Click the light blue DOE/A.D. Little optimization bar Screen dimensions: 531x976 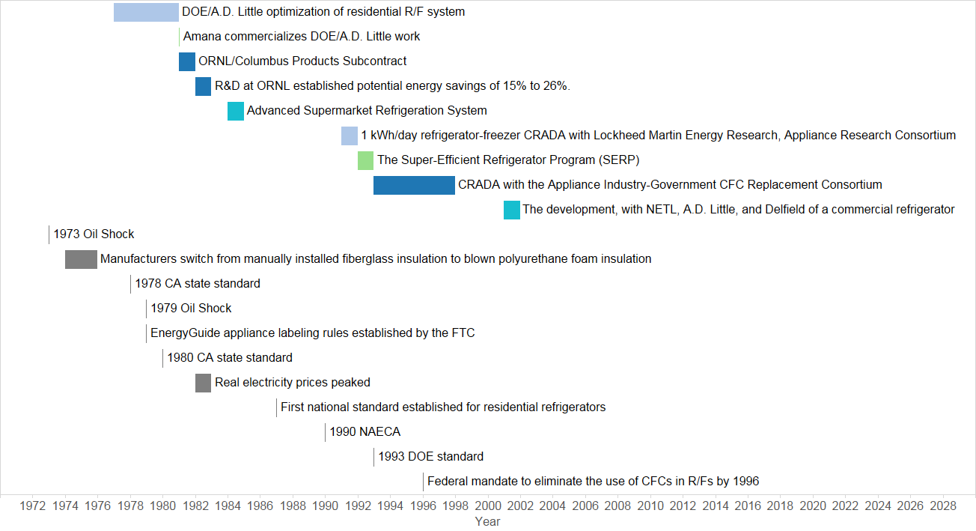[x=146, y=12]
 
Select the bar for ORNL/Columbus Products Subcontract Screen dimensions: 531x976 [x=187, y=61]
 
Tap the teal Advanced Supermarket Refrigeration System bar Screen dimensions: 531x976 [x=236, y=111]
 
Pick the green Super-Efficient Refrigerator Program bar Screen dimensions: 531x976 [x=365, y=160]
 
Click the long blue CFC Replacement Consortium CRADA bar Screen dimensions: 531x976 [x=414, y=185]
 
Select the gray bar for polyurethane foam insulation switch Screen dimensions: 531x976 [x=81, y=259]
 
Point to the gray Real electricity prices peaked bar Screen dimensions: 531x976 [x=203, y=383]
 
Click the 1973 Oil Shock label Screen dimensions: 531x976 [x=94, y=234]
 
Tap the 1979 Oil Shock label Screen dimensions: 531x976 [x=191, y=309]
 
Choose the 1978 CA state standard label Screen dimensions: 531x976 [x=198, y=284]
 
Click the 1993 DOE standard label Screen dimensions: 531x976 [x=431, y=457]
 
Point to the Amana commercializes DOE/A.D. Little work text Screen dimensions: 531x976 [x=302, y=37]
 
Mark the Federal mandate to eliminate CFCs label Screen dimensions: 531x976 [x=594, y=482]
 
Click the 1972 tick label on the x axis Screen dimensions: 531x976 [x=32, y=506]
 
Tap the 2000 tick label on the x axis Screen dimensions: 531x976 [x=488, y=506]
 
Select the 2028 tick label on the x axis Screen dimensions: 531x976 [x=943, y=506]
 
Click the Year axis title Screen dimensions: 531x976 [x=487, y=522]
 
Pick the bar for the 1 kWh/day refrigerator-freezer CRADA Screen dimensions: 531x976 [x=350, y=136]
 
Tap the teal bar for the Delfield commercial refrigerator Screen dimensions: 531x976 [x=512, y=210]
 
